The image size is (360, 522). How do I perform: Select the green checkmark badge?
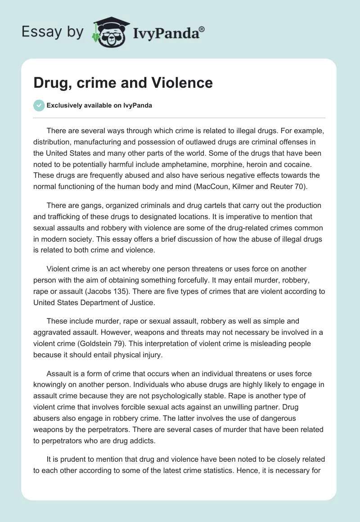39,105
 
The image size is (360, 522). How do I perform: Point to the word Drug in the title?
49,82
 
